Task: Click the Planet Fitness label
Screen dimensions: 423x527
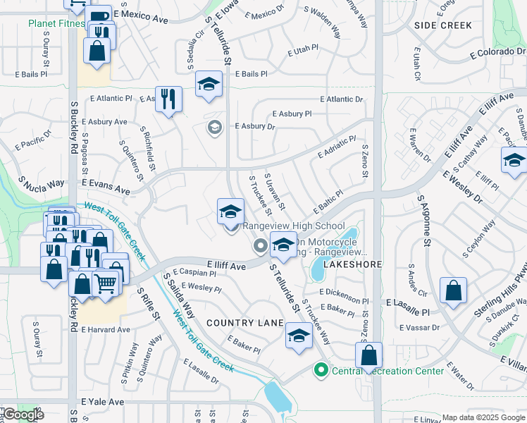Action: coord(55,23)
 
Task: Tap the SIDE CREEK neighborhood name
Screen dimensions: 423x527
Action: coord(443,25)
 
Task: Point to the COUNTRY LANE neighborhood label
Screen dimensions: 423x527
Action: coord(244,323)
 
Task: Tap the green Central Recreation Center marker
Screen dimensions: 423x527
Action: coord(321,369)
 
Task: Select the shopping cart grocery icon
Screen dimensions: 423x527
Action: coord(105,283)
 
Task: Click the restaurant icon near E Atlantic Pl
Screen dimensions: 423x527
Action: coord(168,99)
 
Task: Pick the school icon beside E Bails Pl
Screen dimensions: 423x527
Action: coord(209,85)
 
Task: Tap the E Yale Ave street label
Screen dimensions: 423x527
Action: coord(103,402)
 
